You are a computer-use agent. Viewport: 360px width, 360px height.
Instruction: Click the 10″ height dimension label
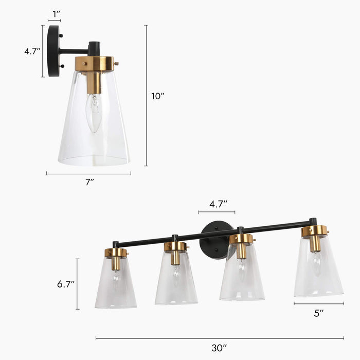click(158, 96)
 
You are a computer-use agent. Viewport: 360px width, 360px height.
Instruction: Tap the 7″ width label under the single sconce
click(89, 182)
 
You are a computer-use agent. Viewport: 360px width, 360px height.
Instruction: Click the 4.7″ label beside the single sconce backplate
click(32, 51)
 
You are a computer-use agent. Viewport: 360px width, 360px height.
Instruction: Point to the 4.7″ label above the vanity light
click(217, 204)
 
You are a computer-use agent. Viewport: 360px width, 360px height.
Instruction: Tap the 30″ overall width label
click(220, 348)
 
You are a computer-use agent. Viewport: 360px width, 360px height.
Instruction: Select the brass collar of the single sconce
click(94, 64)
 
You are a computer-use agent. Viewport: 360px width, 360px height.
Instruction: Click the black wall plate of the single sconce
click(53, 51)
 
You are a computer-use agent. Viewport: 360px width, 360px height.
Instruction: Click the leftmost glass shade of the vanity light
click(116, 285)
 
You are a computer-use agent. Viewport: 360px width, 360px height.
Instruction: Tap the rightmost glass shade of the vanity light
click(318, 273)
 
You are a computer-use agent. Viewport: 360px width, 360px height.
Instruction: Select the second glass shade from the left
click(176, 280)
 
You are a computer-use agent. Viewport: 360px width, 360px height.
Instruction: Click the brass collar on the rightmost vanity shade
click(314, 230)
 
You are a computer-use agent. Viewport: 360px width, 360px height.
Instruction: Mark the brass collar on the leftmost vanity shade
click(116, 253)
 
